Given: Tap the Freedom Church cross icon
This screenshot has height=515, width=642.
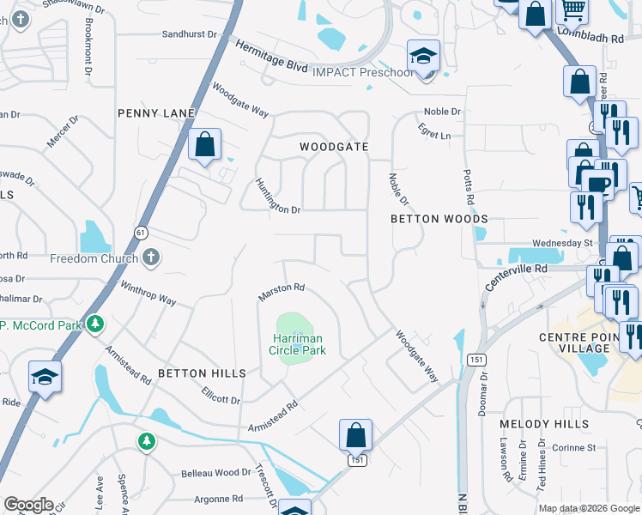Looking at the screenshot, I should (x=151, y=257).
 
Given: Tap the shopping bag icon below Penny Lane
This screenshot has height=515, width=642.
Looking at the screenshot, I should (x=205, y=145).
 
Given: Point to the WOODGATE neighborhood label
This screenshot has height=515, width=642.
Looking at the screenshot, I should (x=334, y=147).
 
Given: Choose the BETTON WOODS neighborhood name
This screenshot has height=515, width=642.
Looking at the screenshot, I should (x=439, y=219).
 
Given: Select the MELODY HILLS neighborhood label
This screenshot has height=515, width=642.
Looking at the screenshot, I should (x=545, y=424).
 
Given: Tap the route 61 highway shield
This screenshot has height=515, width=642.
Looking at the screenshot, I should (x=141, y=232).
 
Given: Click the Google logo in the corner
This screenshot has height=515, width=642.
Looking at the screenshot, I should (x=28, y=505).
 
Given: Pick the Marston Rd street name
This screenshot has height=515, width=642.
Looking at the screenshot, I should (x=282, y=292).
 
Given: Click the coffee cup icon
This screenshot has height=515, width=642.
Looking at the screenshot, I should (x=597, y=185).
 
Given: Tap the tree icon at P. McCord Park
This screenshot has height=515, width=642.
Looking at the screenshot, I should (x=96, y=324).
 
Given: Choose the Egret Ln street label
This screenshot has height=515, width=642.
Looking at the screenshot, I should (x=435, y=135).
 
